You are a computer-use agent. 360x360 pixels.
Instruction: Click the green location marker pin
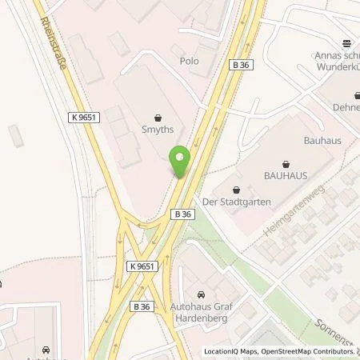tap(181, 162)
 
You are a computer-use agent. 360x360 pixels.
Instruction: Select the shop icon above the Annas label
tap(346, 43)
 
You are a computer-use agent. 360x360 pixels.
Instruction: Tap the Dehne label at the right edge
tap(346, 95)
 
